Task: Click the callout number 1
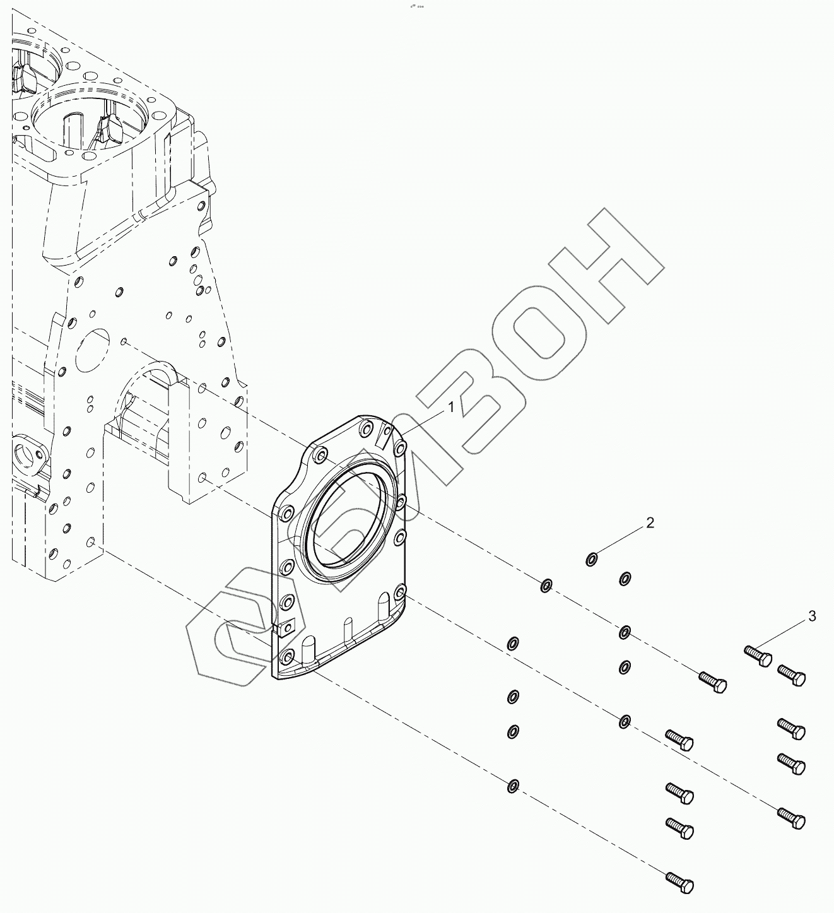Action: click(x=451, y=408)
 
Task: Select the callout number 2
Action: click(x=649, y=522)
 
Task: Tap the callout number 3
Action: click(x=812, y=616)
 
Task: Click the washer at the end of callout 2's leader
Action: click(x=592, y=559)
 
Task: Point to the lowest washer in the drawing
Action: click(x=513, y=786)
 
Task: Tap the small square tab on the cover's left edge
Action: click(x=285, y=627)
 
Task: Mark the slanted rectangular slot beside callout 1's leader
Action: click(x=383, y=437)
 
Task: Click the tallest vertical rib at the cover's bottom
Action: click(x=382, y=611)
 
